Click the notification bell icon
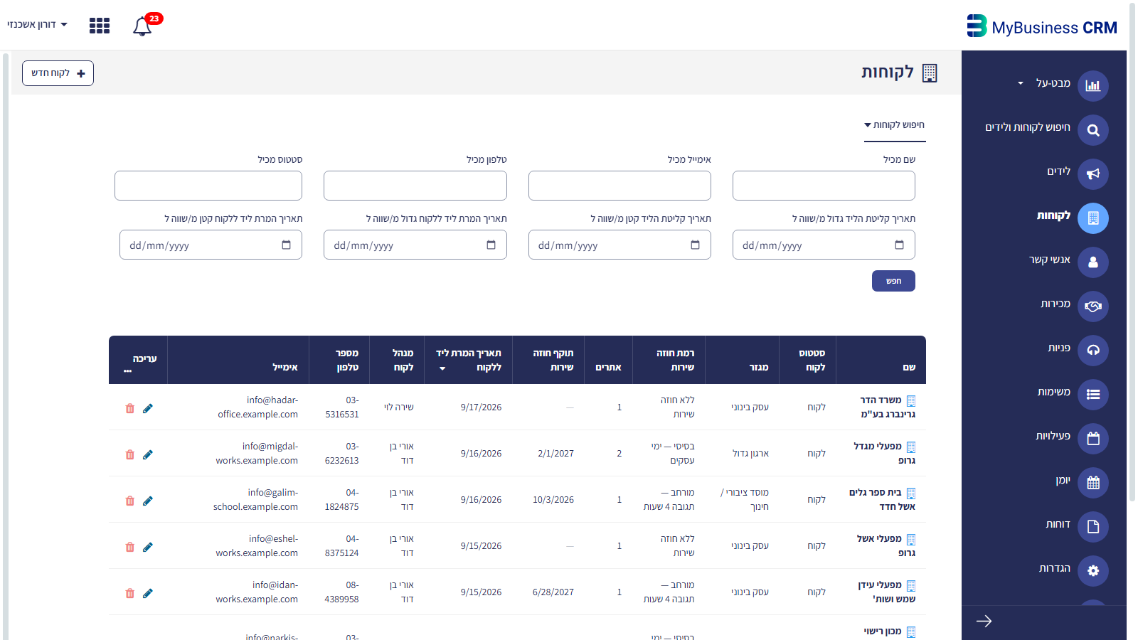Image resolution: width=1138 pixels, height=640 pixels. click(x=142, y=26)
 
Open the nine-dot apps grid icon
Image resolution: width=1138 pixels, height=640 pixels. click(x=100, y=26)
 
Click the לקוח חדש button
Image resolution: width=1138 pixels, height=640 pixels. click(x=58, y=73)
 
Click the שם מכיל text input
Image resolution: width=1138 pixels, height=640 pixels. click(x=824, y=186)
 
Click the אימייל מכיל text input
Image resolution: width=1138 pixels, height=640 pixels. click(x=619, y=186)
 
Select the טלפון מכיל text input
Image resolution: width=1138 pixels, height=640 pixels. click(x=415, y=186)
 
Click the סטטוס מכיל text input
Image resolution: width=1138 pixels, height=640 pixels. click(x=208, y=186)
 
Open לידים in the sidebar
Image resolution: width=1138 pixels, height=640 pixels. click(x=1059, y=171)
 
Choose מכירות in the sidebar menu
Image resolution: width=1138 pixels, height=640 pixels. click(x=1055, y=304)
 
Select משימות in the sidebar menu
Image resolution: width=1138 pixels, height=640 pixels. click(x=1053, y=392)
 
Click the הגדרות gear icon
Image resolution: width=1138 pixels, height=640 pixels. click(x=1093, y=570)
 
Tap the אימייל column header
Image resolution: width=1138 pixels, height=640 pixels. click(x=285, y=367)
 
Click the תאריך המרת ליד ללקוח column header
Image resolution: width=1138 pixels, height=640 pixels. click(x=469, y=360)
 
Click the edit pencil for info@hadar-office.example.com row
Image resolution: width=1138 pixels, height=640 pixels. click(x=148, y=408)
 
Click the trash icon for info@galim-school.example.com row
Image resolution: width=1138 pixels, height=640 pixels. click(x=130, y=501)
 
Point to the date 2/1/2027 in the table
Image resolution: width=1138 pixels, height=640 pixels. click(x=555, y=453)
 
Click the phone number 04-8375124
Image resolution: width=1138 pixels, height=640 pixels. click(x=342, y=545)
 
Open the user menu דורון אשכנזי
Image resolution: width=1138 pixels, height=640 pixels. click(x=37, y=24)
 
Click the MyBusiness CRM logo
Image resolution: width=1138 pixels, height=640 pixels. click(x=1041, y=26)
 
